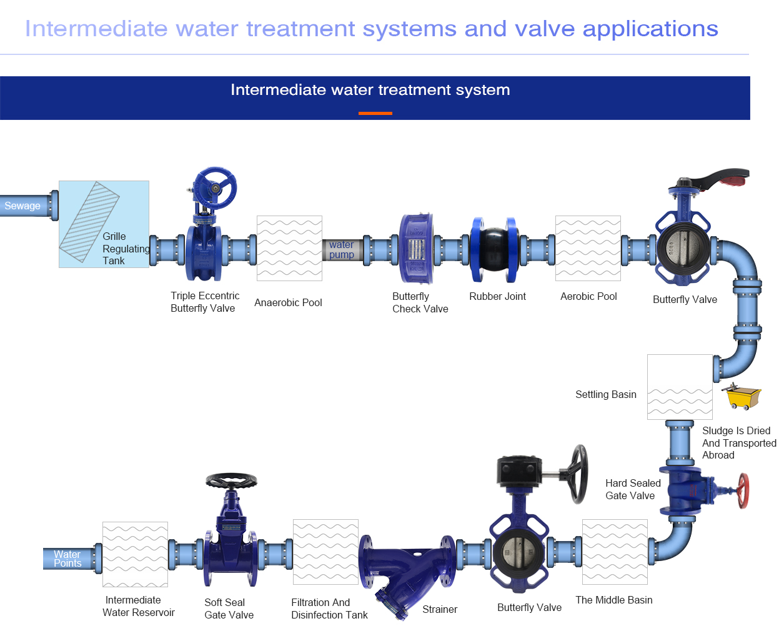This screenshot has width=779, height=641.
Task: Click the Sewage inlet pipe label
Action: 22,206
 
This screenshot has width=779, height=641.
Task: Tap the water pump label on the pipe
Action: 341,249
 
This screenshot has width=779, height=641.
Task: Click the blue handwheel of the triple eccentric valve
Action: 216,188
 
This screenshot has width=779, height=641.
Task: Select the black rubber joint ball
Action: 495,249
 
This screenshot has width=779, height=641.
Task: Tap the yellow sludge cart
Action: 742,397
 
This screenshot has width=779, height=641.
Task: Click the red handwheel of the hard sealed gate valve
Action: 743,490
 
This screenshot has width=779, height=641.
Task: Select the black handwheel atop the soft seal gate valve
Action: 231,480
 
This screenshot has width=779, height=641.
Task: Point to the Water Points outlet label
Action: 67,559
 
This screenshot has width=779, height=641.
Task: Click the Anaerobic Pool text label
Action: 288,302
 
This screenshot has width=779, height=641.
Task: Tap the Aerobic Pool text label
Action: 588,296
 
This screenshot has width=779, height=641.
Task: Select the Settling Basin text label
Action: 606,395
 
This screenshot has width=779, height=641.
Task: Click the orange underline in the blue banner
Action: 375,114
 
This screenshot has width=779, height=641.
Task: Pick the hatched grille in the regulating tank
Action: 89,222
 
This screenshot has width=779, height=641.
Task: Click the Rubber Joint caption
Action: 497,296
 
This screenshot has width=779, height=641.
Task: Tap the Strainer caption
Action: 440,609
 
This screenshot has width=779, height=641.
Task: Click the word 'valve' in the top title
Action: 545,29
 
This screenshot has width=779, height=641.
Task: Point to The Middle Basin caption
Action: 614,600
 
